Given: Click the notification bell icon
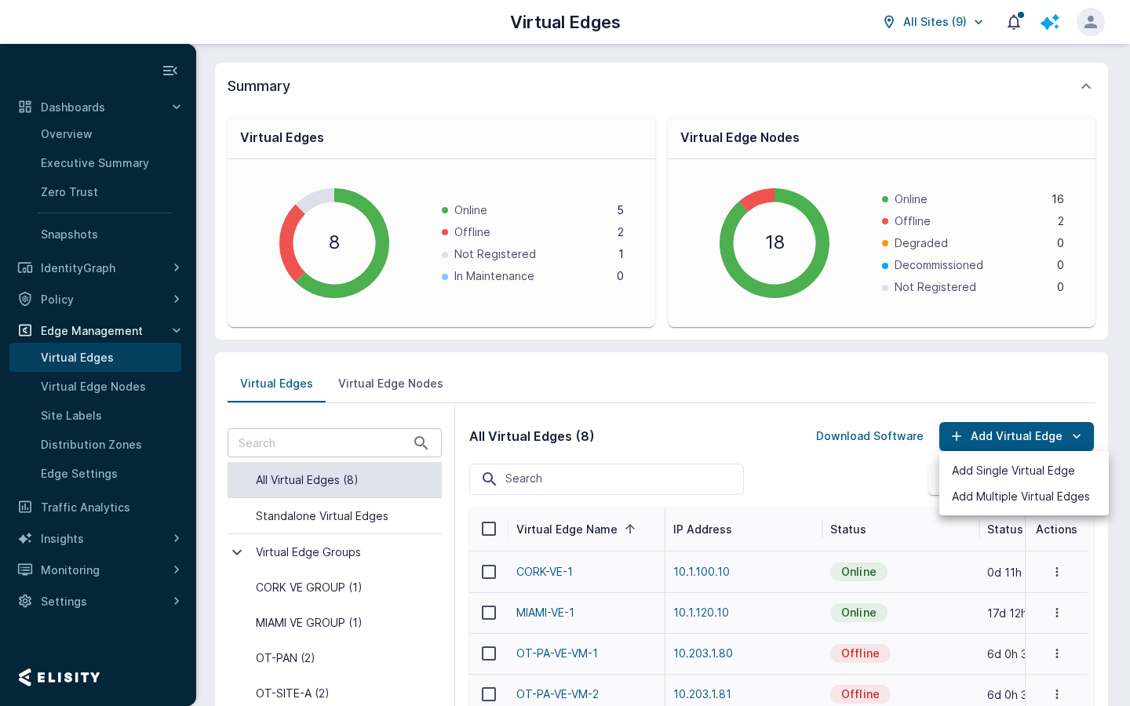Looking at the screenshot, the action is tap(1014, 22).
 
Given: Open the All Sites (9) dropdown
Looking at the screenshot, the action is tap(933, 22).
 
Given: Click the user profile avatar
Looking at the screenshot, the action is tap(1090, 22).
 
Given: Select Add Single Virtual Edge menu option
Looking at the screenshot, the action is tap(1013, 471).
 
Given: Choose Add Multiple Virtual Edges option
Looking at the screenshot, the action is tap(1020, 497).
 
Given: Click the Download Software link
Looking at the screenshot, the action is tap(869, 436).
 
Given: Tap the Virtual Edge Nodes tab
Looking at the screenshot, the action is tap(391, 384).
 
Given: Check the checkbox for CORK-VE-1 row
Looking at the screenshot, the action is tap(489, 572).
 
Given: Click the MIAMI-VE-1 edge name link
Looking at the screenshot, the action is tap(545, 613).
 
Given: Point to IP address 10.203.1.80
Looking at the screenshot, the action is tap(703, 653).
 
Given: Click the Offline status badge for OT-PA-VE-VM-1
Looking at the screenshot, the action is tap(860, 653).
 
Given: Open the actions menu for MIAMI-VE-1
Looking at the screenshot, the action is tap(1056, 613).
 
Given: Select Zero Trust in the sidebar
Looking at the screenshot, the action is tap(69, 192).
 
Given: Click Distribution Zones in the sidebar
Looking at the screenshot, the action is tap(91, 445).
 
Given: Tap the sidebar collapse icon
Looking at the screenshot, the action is tap(170, 71).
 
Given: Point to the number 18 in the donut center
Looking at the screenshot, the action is tap(775, 242).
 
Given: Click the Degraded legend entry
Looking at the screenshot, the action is tap(920, 243).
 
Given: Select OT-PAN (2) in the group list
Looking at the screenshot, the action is tap(285, 658).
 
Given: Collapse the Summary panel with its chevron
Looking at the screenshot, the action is tap(1085, 87).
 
